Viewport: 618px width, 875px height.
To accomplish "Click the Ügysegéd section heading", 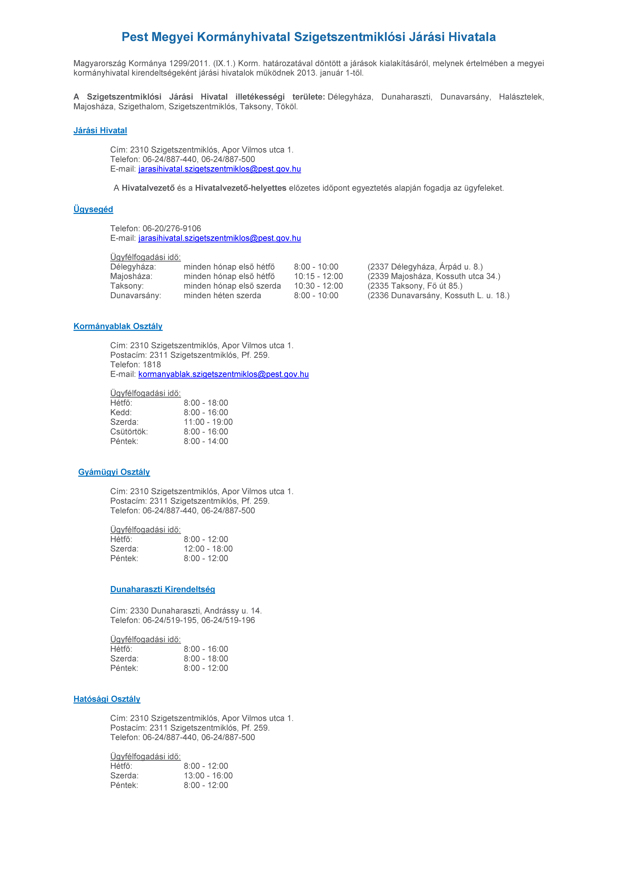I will point(93,209).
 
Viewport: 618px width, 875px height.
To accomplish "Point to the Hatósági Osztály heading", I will point(107,699).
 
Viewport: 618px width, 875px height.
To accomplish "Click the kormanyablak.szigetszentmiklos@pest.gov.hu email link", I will point(223,374).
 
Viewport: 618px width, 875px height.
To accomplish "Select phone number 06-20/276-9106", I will point(172,229).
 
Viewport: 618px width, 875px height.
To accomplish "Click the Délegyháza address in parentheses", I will point(425,267).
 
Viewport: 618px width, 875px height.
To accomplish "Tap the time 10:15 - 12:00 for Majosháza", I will point(318,276).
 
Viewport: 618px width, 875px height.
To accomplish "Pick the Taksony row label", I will point(127,286).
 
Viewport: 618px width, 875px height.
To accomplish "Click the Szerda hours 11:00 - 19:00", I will point(208,422).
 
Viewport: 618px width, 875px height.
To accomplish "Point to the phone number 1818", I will point(152,365).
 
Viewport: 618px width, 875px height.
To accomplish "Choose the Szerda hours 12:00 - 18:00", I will point(208,549).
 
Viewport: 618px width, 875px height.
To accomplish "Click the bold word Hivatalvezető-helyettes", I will point(241,188).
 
